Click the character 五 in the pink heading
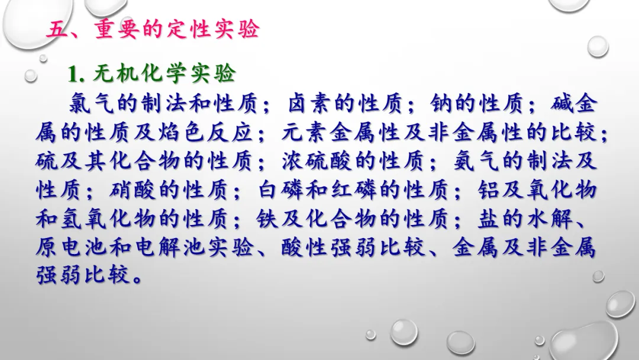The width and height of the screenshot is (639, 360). coord(57,30)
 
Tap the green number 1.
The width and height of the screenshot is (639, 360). coord(74,74)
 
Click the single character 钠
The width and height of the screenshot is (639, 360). coord(442,103)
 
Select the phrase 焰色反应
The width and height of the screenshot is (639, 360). coord(205,132)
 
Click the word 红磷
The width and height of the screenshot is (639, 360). coord(354,190)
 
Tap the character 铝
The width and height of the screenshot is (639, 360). coord(489,190)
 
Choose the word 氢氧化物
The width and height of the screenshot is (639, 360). coord(108,219)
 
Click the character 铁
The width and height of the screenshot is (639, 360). coord(268,219)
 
